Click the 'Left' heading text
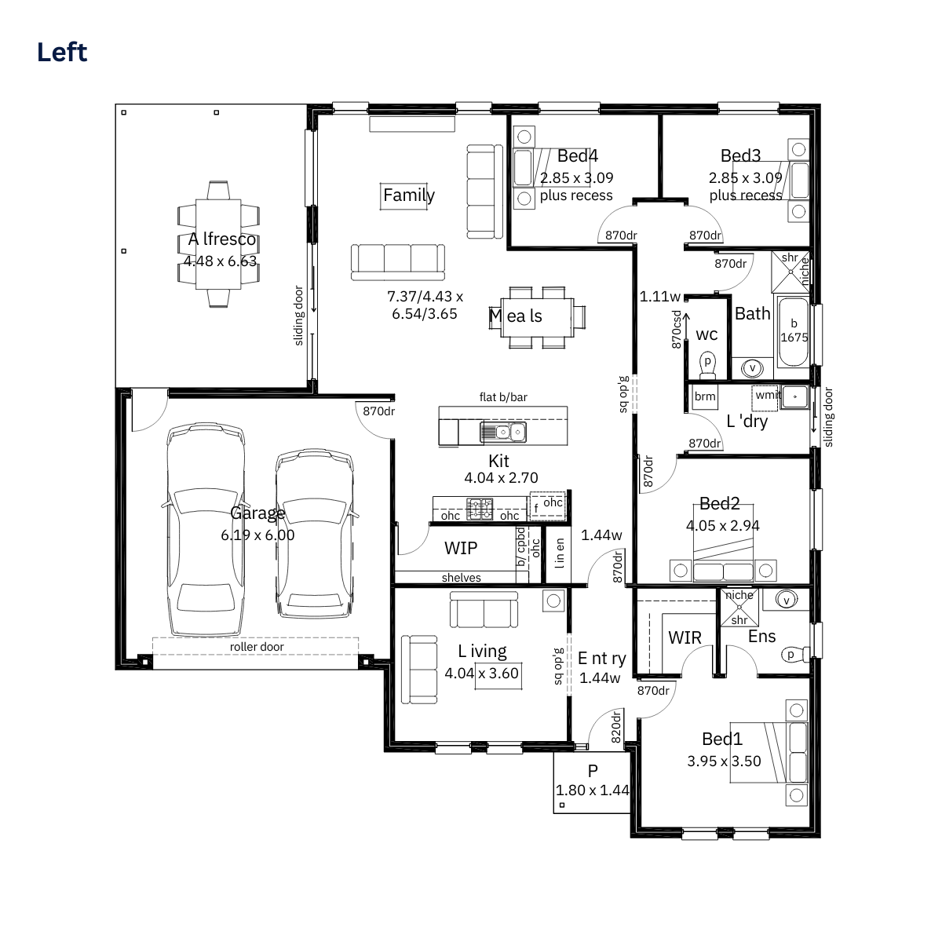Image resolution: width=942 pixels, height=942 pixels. click(62, 53)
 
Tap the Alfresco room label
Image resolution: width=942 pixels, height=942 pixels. click(222, 239)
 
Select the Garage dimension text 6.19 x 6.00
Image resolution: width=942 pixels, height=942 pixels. click(257, 535)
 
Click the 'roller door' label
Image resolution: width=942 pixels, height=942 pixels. click(257, 647)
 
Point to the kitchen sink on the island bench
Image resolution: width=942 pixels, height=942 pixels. click(503, 432)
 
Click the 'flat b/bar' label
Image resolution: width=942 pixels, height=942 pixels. click(503, 397)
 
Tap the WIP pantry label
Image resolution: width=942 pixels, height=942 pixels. click(461, 548)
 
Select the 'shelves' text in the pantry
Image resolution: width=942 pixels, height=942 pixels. click(461, 577)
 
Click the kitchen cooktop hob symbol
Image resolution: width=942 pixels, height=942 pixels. click(480, 509)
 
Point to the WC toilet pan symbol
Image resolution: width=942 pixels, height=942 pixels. click(707, 365)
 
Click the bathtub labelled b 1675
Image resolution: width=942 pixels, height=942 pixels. click(794, 332)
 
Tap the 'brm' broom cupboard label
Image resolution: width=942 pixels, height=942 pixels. click(705, 396)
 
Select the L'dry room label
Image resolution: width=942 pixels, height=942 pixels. click(747, 421)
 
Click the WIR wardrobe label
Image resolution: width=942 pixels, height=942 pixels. click(685, 637)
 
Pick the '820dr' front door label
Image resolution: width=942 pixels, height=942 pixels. click(616, 726)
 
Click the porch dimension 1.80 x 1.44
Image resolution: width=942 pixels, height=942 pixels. click(593, 790)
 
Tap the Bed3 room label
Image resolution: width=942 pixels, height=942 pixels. click(740, 155)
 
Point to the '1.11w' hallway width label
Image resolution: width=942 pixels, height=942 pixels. click(660, 296)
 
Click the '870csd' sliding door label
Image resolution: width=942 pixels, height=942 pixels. click(677, 330)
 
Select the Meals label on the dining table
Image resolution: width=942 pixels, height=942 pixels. click(516, 316)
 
